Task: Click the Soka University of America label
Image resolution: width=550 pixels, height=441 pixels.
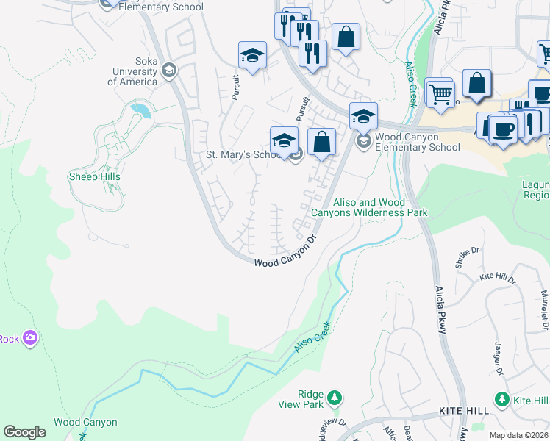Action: pyautogui.click(x=132, y=71)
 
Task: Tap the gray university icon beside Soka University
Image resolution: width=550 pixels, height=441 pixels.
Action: pyautogui.click(x=170, y=71)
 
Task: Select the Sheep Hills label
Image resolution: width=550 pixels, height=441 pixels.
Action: pyautogui.click(x=94, y=176)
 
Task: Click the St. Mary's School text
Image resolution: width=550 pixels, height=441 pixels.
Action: pyautogui.click(x=243, y=155)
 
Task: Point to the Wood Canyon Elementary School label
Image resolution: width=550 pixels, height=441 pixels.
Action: pyautogui.click(x=417, y=142)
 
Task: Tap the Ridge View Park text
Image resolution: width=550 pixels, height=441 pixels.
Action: pyautogui.click(x=301, y=399)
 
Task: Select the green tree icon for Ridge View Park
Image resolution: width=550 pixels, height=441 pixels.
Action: pyautogui.click(x=335, y=397)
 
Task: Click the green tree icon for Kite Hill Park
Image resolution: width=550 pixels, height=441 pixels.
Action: pyautogui.click(x=502, y=399)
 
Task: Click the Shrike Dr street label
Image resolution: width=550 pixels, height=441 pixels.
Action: pyautogui.click(x=468, y=259)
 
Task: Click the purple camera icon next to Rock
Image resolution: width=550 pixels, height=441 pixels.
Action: pyautogui.click(x=30, y=338)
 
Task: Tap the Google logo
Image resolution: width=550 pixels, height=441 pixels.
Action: pyautogui.click(x=24, y=432)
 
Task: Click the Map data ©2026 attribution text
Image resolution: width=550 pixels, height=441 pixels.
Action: pyautogui.click(x=518, y=435)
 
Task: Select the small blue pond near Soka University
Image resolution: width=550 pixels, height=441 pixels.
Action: pyautogui.click(x=140, y=111)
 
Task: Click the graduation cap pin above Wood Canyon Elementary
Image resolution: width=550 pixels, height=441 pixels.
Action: pyautogui.click(x=362, y=115)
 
